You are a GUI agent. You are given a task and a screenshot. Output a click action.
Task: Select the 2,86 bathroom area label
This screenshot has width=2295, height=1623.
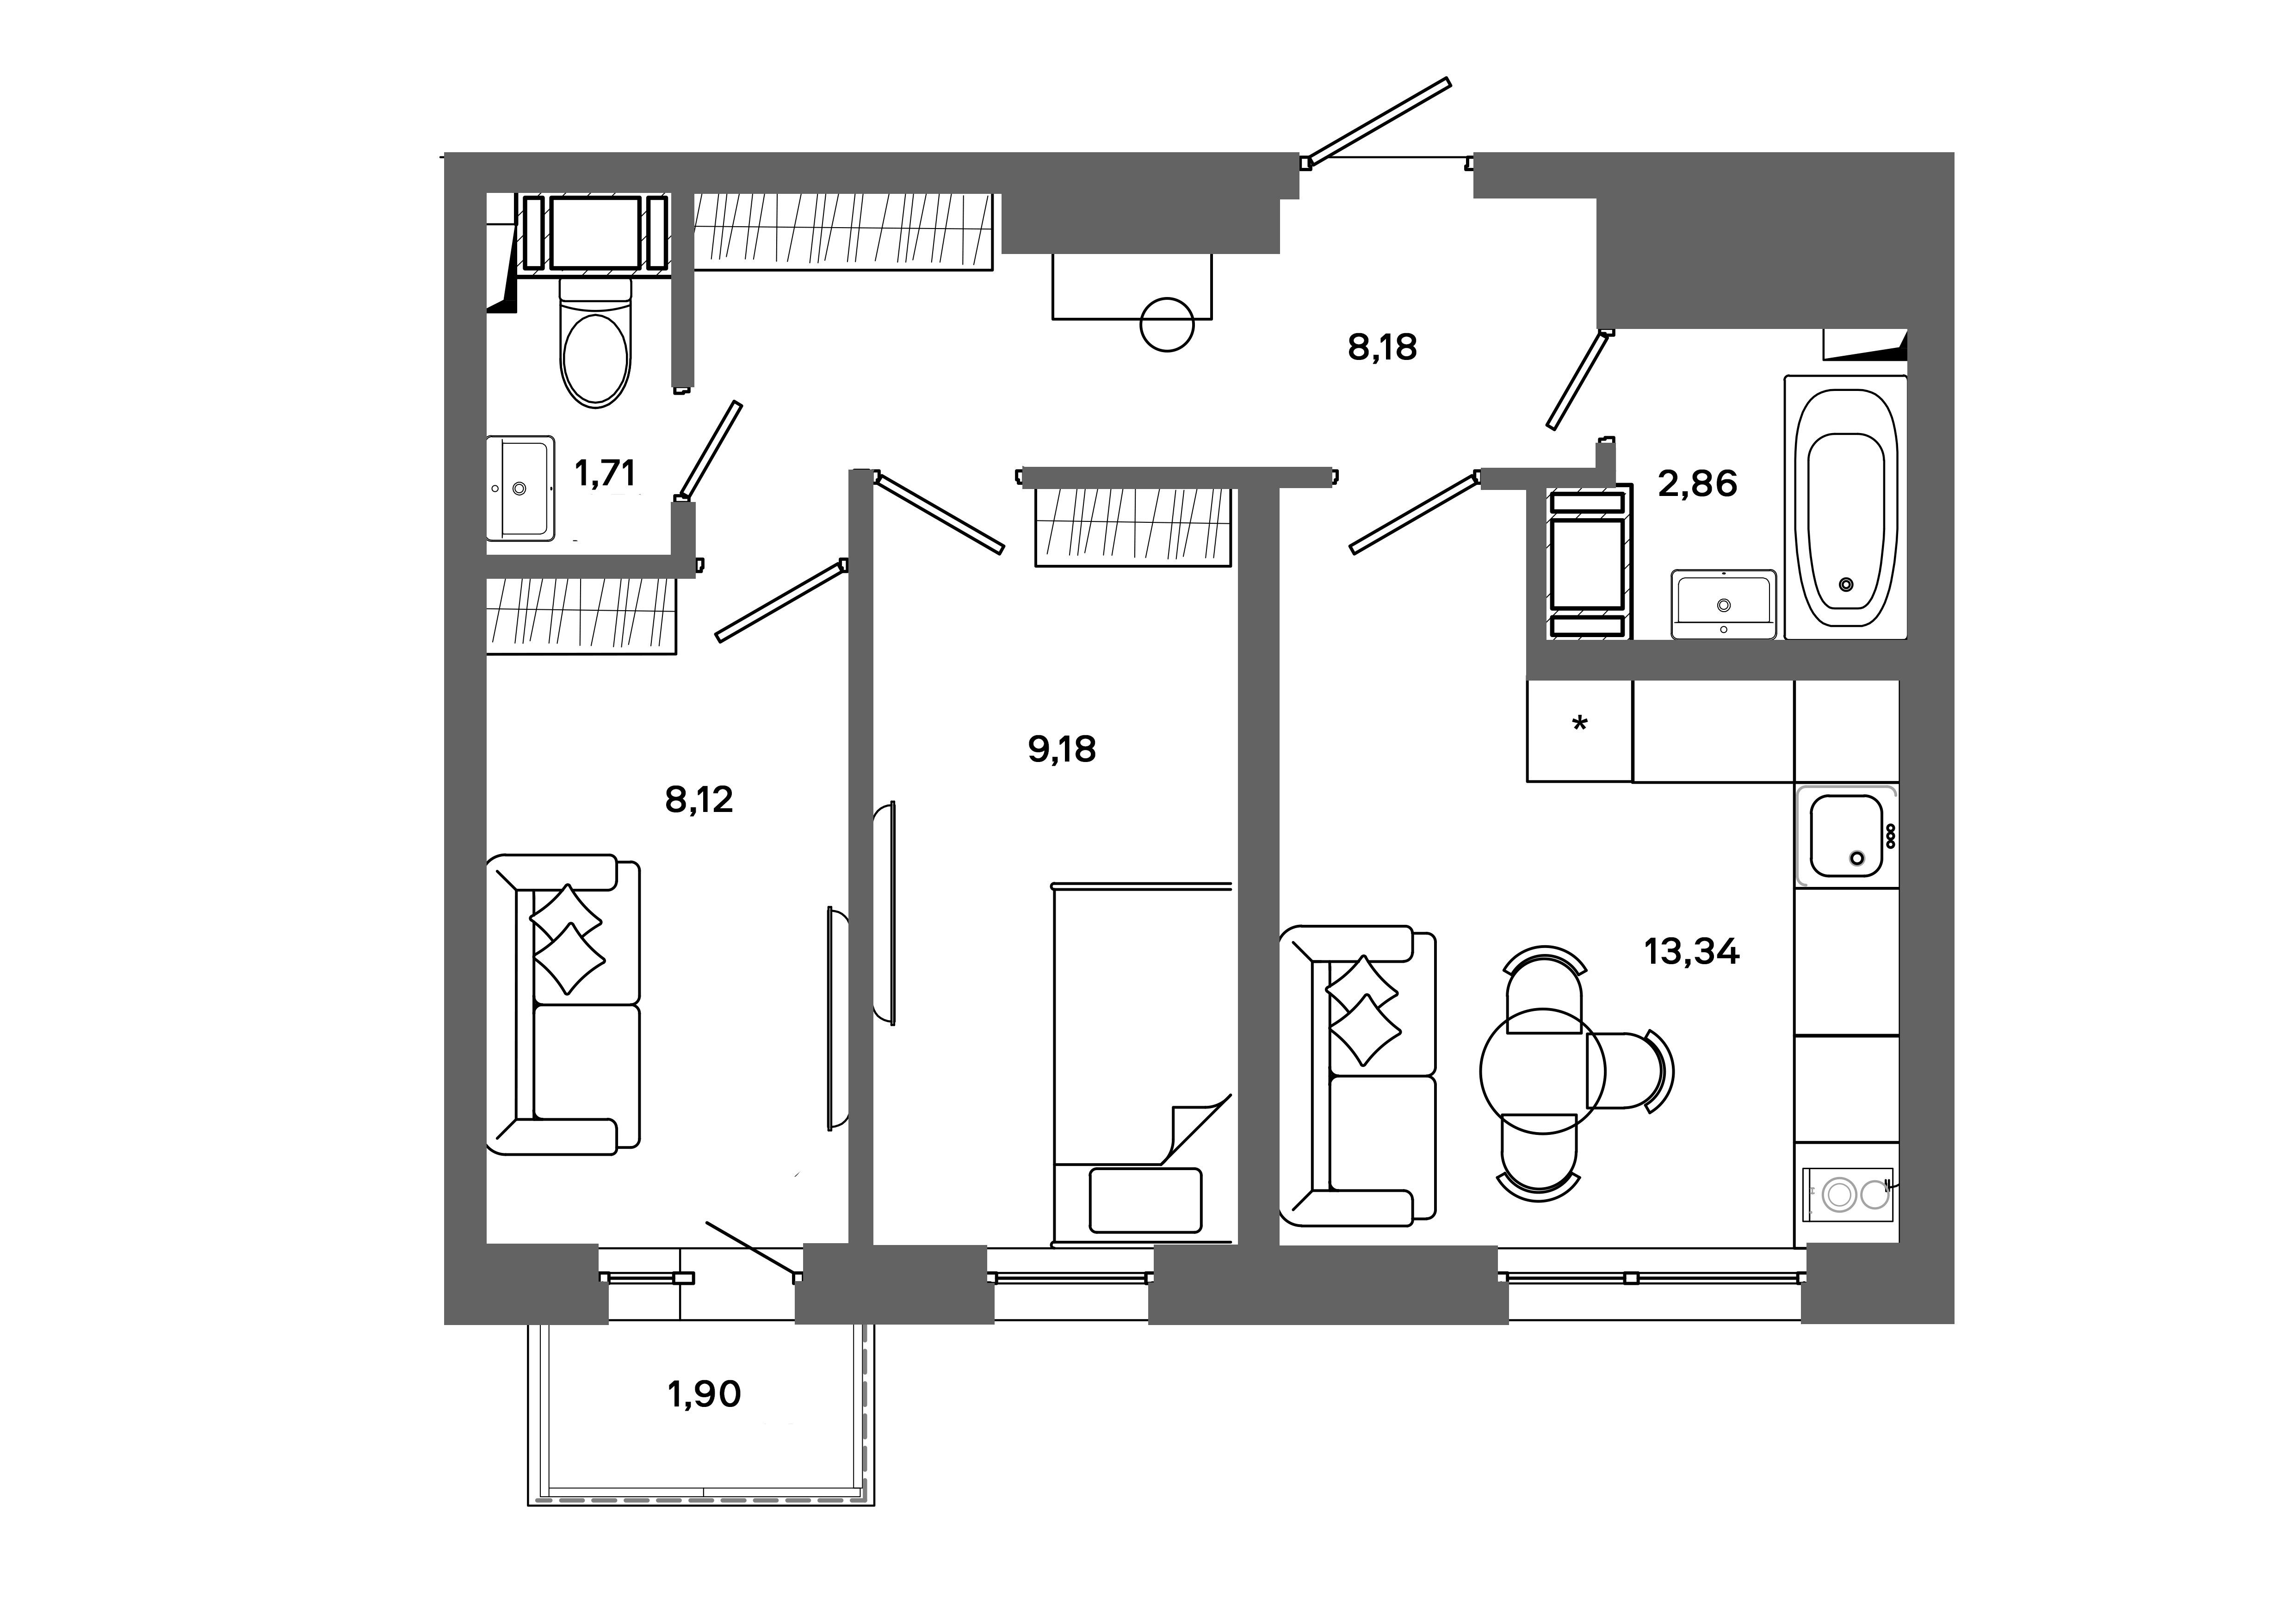click(1697, 485)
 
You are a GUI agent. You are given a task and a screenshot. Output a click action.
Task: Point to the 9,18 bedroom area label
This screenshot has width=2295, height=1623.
click(1062, 750)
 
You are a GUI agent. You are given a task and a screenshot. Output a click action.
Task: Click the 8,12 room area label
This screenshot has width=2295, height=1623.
click(699, 799)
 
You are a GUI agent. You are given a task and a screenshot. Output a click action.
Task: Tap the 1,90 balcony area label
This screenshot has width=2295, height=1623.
click(704, 1394)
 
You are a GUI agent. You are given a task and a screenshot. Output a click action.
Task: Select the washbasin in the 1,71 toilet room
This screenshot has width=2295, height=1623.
click(520, 489)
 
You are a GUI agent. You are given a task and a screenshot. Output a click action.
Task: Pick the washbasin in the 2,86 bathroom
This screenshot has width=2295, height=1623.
click(1723, 604)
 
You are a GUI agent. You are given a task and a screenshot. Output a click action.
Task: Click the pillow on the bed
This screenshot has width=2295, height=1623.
click(1145, 1200)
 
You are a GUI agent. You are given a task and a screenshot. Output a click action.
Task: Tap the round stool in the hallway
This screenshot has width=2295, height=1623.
click(1167, 325)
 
